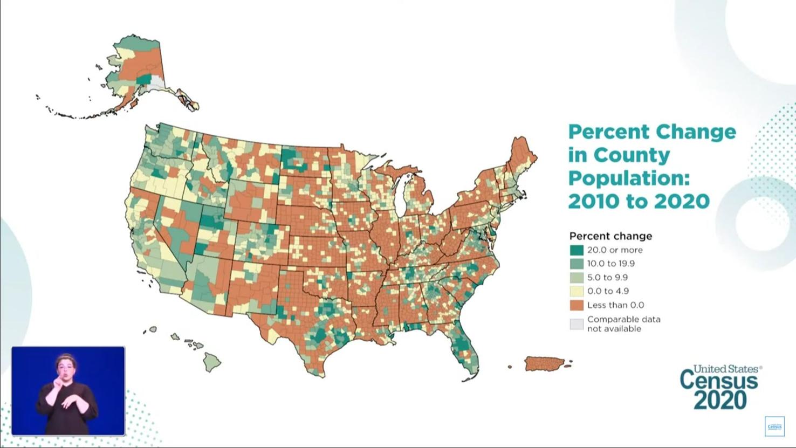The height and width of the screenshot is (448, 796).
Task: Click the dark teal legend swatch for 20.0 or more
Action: pos(577,250)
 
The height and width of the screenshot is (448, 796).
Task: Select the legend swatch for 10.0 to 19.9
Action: pos(577,264)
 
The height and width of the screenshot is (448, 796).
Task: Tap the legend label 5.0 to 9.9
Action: pos(607,278)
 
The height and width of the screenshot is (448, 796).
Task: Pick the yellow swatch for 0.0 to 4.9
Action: pos(577,291)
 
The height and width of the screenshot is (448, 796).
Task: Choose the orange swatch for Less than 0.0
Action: pos(577,305)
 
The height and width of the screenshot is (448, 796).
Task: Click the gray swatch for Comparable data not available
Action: pos(577,324)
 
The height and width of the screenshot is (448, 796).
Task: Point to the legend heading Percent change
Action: pos(610,236)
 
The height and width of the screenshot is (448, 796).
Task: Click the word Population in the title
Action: pos(629,178)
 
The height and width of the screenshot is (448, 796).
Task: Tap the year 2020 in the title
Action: pos(682,201)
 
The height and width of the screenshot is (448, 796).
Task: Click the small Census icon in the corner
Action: pos(774,426)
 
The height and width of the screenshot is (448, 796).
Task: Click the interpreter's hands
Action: pos(60,396)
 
